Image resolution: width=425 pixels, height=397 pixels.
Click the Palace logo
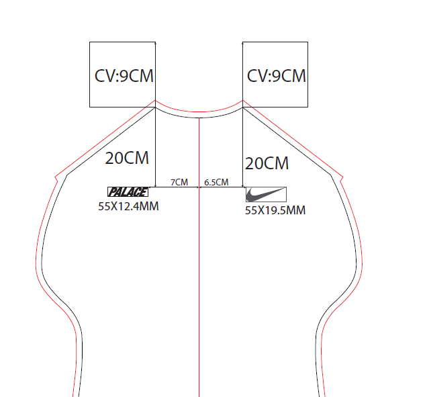point(128,191)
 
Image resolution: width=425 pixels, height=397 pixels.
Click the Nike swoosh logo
point(266,195)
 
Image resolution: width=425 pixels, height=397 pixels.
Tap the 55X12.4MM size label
point(128,206)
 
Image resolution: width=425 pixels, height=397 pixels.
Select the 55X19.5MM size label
point(275,210)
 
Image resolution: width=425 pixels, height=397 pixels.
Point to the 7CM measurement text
point(179,182)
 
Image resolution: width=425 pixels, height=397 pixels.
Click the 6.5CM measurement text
point(216,182)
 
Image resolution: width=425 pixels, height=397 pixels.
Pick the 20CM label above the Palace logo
point(128,159)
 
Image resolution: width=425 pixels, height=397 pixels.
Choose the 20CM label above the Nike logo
point(267,163)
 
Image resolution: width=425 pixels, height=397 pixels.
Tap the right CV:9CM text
point(277,75)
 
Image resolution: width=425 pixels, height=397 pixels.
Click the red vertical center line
point(199,282)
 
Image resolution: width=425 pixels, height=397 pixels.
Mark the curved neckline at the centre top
point(199,113)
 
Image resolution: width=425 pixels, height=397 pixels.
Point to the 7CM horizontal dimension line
point(177,187)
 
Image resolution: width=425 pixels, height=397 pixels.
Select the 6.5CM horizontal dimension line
point(222,187)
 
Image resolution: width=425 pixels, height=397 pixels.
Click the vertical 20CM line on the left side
point(156,148)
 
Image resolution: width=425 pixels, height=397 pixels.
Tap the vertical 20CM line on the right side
point(243,148)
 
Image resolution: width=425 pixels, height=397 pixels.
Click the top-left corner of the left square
point(90,42)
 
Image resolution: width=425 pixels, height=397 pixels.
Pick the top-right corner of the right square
point(308,42)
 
